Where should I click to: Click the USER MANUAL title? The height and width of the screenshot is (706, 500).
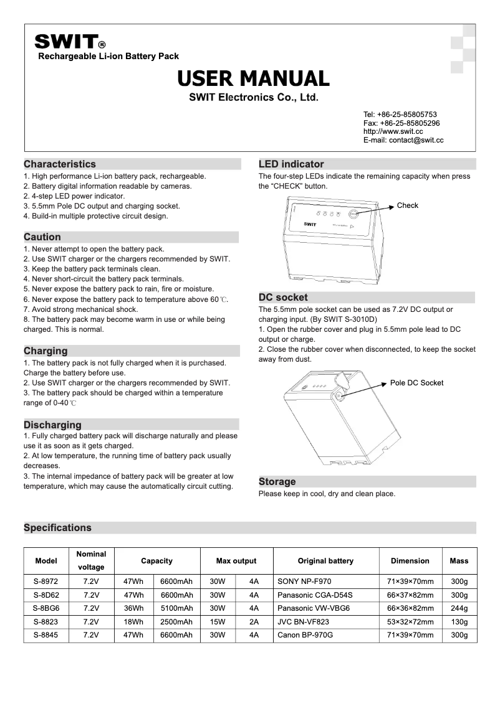coord(253,78)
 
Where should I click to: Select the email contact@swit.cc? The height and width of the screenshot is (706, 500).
coord(403,141)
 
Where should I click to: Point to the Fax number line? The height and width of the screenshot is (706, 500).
coord(401,123)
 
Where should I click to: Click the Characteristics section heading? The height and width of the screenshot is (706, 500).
coord(60,164)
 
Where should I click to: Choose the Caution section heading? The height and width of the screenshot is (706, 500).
coord(42,237)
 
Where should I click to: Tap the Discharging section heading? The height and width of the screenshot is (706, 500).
coord(52,425)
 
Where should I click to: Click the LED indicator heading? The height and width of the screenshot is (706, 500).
coord(291,164)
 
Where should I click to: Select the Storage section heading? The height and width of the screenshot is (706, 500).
coord(277,482)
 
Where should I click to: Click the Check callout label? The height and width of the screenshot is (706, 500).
coord(408,205)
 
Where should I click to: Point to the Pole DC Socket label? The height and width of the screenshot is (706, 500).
coord(416,383)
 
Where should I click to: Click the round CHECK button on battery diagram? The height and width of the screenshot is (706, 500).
coord(353,213)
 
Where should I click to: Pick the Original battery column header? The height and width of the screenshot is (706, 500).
coord(325,561)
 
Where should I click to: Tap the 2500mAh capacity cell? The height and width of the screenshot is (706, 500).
coord(176,622)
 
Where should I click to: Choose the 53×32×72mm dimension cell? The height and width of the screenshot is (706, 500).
coord(410,622)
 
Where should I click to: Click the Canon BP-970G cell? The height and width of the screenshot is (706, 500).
coord(305,635)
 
